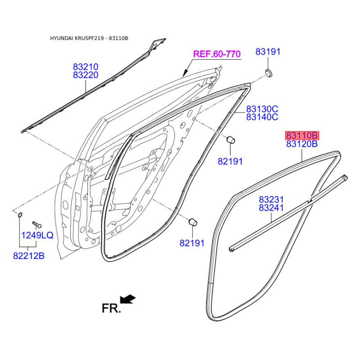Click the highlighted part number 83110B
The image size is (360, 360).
click(302, 135)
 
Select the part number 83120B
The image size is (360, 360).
click(302, 144)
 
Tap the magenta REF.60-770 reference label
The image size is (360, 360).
click(216, 54)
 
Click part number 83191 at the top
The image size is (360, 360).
click(268, 52)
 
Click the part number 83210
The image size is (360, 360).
click(85, 67)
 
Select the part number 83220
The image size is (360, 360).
click(85, 76)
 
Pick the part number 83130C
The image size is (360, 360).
click(262, 109)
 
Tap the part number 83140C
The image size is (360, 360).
click(262, 117)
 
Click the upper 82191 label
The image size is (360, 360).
click(230, 161)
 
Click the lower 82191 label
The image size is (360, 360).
click(192, 243)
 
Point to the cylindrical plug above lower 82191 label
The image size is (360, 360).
click(193, 221)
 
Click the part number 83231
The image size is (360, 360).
click(271, 199)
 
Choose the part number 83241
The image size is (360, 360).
click(271, 208)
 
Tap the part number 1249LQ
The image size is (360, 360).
click(37, 235)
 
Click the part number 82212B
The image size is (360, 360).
click(29, 256)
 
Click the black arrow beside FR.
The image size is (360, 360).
click(128, 299)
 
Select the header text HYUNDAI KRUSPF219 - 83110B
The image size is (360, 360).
click(89, 38)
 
